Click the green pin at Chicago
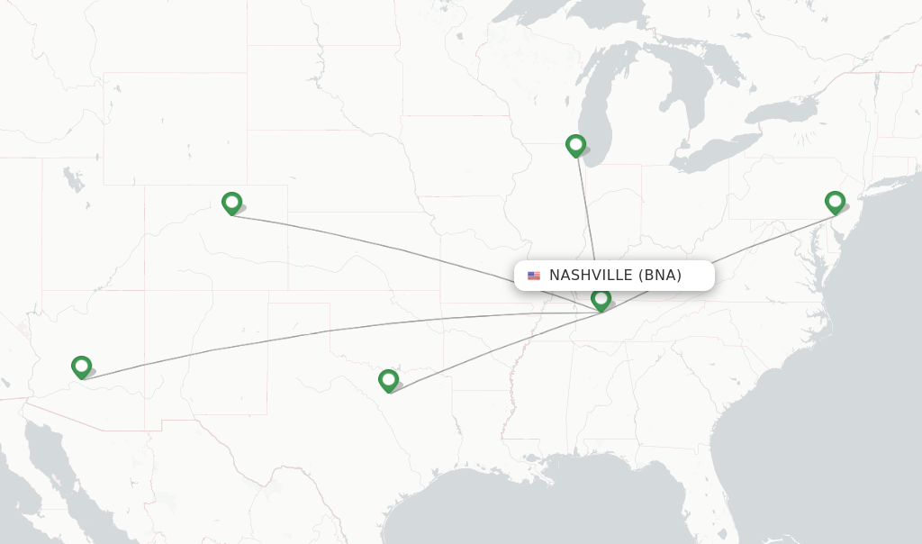pyautogui.click(x=576, y=145)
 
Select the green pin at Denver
pyautogui.click(x=231, y=203)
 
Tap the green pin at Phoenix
pyautogui.click(x=82, y=367)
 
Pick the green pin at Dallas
pyautogui.click(x=388, y=380)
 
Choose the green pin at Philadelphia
pyautogui.click(x=835, y=202)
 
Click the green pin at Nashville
pyautogui.click(x=601, y=298)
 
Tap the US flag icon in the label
pyautogui.click(x=534, y=276)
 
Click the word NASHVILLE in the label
pyautogui.click(x=591, y=276)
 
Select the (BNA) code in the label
pyautogui.click(x=659, y=276)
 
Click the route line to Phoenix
pyautogui.click(x=315, y=334)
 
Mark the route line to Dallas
pyautogui.click(x=486, y=350)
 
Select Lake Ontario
pyautogui.click(x=780, y=112)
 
